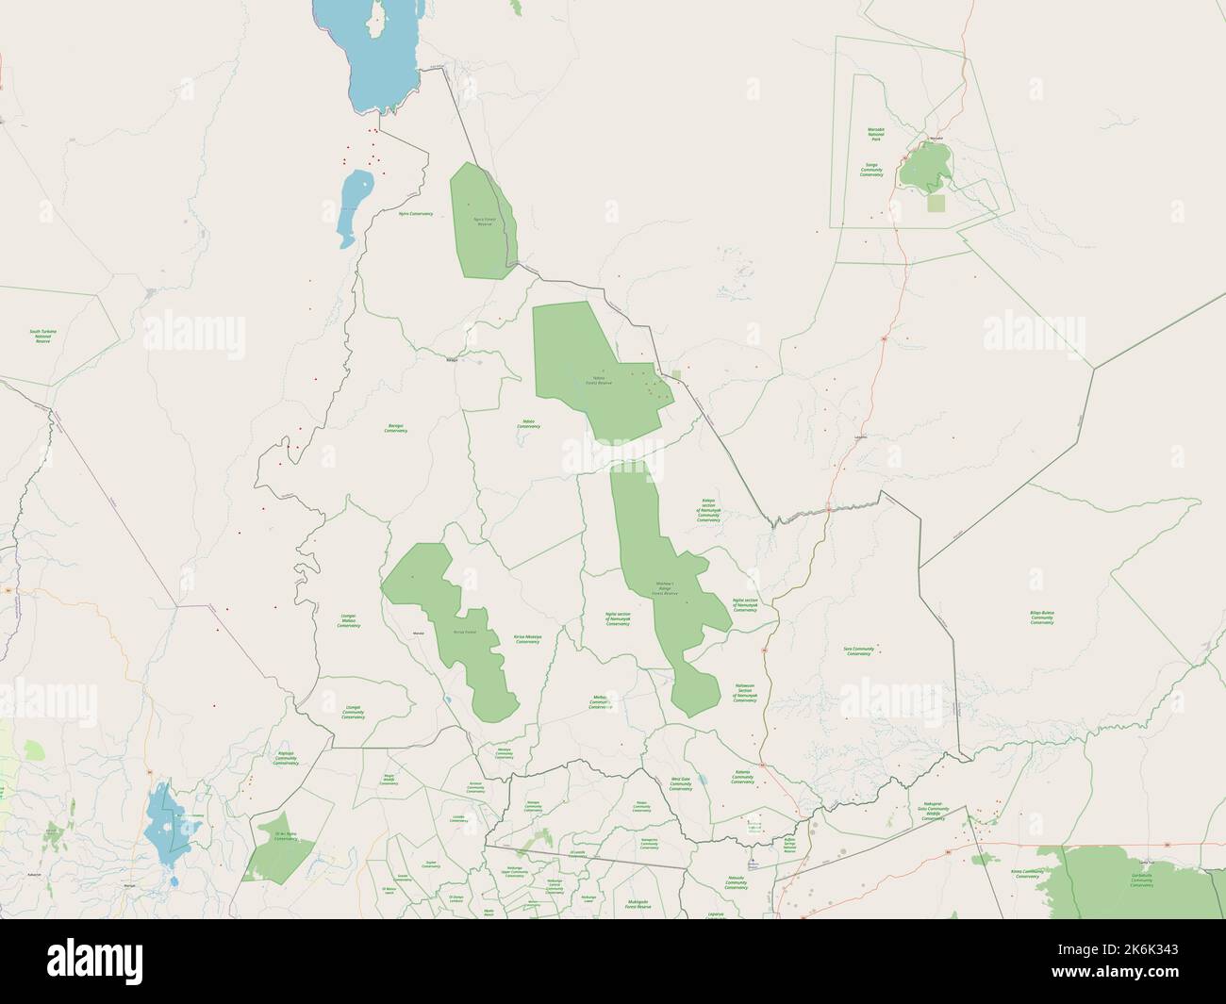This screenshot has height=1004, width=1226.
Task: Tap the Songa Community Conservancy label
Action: click(871, 170)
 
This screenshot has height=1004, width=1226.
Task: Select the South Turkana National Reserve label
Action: click(43, 336)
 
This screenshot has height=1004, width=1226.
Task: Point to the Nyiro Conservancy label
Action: click(416, 214)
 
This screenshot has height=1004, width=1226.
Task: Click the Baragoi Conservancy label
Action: click(396, 427)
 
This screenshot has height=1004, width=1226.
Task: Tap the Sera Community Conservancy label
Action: click(858, 650)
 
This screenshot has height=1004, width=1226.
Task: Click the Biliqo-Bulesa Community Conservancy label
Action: click(1042, 617)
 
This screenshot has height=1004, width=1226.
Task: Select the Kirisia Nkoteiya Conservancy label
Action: click(527, 639)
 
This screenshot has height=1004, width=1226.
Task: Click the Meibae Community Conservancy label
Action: click(601, 702)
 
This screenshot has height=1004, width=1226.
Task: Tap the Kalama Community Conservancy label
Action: click(742, 775)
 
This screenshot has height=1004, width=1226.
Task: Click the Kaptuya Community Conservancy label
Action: click(286, 757)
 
